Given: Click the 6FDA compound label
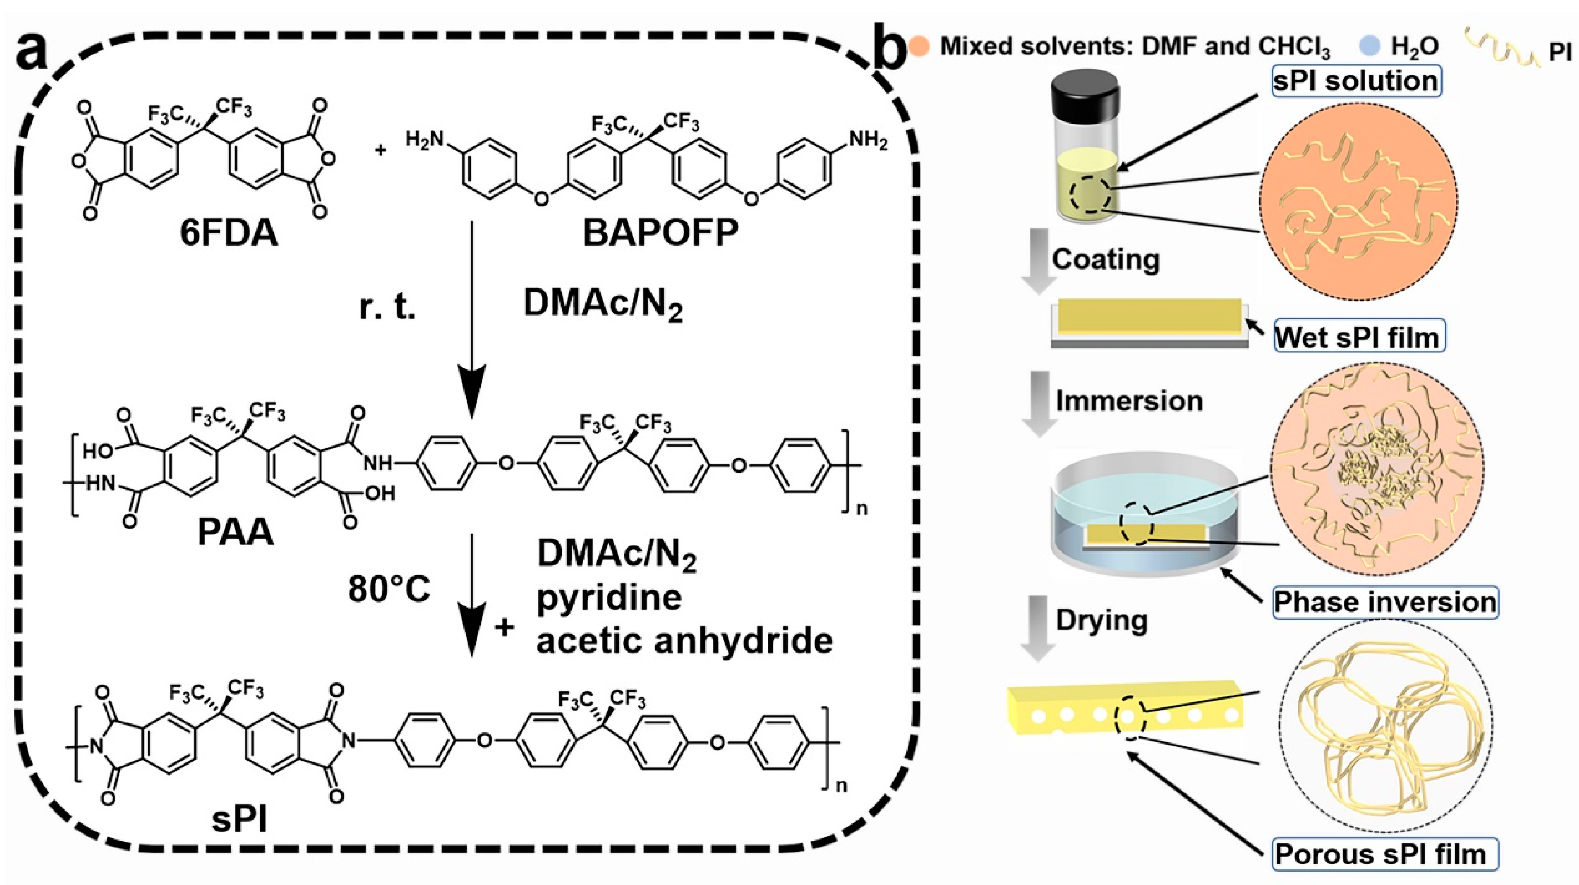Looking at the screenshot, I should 228,234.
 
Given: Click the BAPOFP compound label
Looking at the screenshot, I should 660,234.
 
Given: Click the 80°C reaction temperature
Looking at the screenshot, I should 389,589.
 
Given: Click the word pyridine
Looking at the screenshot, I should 609,597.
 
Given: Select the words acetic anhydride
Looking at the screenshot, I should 684,641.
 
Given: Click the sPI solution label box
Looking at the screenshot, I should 1355,81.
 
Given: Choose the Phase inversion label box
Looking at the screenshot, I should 1385,602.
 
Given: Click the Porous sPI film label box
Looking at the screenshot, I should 1385,854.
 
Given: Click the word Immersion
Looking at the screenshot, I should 1129,401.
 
